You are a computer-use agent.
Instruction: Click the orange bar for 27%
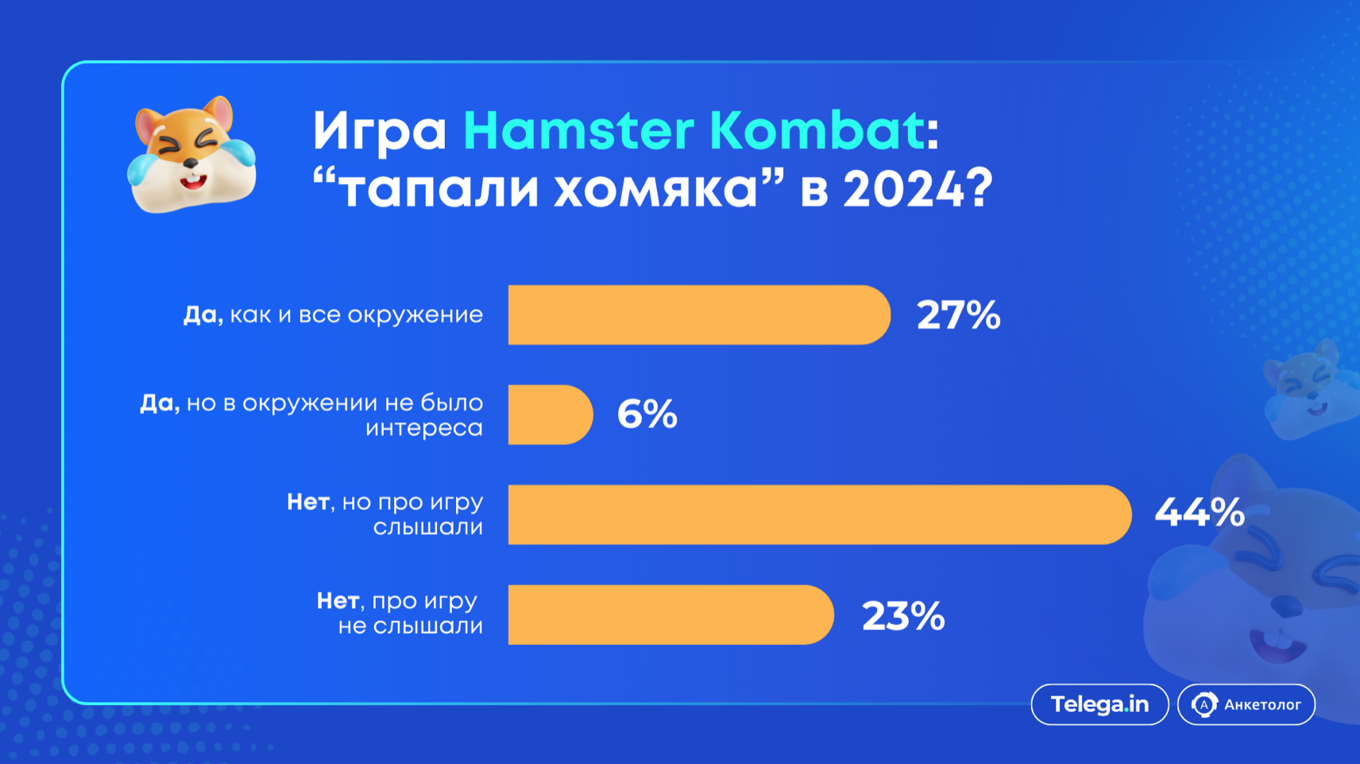click(x=699, y=315)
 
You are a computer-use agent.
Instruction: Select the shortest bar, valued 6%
click(x=551, y=415)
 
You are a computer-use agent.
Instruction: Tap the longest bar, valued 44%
click(x=820, y=515)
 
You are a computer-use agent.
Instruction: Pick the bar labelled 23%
click(x=671, y=615)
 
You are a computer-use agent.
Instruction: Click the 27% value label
click(x=958, y=315)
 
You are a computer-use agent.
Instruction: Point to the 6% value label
click(x=647, y=415)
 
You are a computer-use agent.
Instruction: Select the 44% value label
click(x=1199, y=513)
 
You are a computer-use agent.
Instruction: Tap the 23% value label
click(x=902, y=616)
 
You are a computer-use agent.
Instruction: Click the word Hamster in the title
click(x=578, y=130)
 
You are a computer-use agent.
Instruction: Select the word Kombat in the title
click(x=817, y=129)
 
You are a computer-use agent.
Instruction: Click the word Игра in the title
click(x=380, y=133)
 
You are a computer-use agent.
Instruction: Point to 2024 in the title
click(x=902, y=188)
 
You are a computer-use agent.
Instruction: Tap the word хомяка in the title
click(x=656, y=189)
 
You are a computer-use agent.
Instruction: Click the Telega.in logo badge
click(x=1099, y=704)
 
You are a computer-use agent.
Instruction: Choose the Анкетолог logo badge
click(x=1246, y=704)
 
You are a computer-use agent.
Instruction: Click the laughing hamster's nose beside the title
click(x=191, y=163)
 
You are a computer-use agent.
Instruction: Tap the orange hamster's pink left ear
click(x=148, y=125)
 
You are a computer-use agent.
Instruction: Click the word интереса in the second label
click(x=423, y=428)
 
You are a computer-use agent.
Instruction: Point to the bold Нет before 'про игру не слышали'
click(x=338, y=600)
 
